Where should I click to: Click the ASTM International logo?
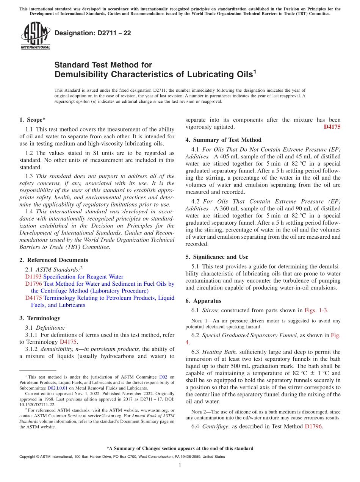(x=35, y=36)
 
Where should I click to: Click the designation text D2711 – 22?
(x=93, y=33)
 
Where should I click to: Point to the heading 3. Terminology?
(x=40, y=318)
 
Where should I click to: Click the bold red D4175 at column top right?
(x=332, y=127)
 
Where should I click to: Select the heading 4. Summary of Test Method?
(x=223, y=140)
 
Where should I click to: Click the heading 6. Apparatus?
(x=203, y=301)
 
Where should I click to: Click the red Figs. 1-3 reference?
(x=316, y=310)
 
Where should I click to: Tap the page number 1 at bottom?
(x=180, y=465)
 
